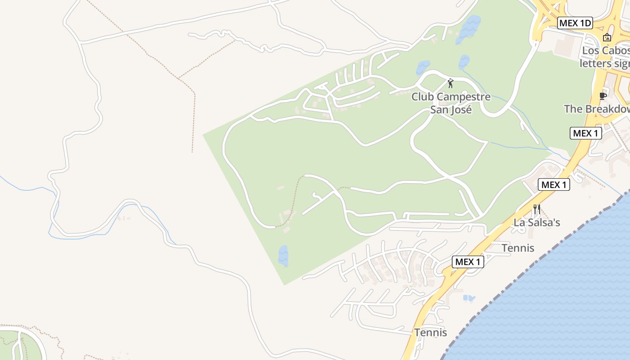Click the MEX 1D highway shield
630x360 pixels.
575,23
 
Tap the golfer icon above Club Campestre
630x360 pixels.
450,83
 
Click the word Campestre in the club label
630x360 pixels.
463,97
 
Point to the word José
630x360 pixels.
461,109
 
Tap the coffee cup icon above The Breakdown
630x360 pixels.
603,96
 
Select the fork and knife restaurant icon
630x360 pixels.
536,209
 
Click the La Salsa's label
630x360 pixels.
537,222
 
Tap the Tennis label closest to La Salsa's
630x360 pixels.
518,248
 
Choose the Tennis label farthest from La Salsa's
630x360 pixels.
431,333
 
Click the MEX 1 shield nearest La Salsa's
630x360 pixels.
554,184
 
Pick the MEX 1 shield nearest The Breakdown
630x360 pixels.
585,133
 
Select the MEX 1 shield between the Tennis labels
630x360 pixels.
468,262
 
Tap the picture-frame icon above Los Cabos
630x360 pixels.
607,37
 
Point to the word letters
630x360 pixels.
595,63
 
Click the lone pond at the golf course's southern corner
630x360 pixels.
283,255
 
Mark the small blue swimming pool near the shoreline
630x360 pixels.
468,298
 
